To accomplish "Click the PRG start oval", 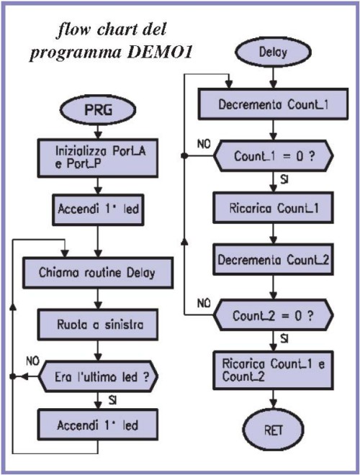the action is click(x=98, y=109).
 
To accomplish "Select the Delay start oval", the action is click(x=273, y=52).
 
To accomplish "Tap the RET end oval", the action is click(x=273, y=430).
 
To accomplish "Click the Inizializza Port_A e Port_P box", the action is click(x=98, y=158).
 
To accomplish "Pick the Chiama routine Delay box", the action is click(x=98, y=273).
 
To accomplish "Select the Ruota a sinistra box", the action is click(x=98, y=325).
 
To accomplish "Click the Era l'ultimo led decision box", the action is click(x=99, y=376).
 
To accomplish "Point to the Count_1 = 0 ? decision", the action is click(x=274, y=156).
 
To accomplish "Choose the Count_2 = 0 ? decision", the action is click(x=274, y=315).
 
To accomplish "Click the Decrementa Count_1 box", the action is click(x=273, y=104).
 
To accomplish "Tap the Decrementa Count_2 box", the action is click(x=273, y=259).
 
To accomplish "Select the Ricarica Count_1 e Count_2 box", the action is click(x=273, y=370).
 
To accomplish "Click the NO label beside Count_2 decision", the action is click(x=204, y=303).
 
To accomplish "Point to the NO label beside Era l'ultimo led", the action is click(x=32, y=361).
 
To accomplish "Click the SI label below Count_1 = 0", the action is click(x=284, y=180).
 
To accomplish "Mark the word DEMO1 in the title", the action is click(x=160, y=53).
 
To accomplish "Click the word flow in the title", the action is click(x=73, y=30).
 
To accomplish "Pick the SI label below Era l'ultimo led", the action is click(x=112, y=401).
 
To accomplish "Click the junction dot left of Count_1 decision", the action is click(x=184, y=156).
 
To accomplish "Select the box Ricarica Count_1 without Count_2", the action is click(x=273, y=208).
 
